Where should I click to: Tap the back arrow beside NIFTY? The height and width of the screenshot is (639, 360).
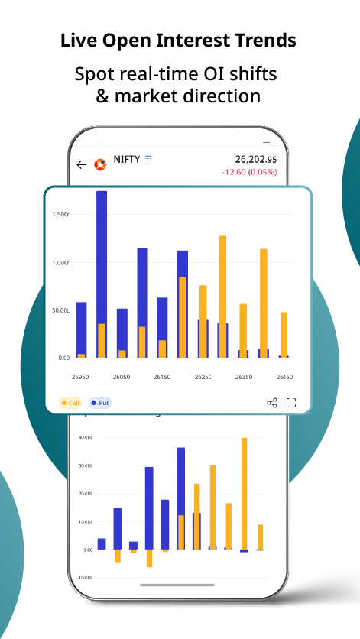(82, 164)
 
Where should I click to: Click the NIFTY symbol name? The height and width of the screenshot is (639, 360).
(126, 160)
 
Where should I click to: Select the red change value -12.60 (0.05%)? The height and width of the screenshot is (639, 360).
(249, 172)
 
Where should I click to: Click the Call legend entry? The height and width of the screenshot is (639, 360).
(70, 402)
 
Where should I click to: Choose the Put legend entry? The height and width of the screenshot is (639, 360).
(100, 402)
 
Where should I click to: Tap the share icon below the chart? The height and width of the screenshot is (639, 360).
(272, 403)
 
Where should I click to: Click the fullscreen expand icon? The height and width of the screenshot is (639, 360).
(291, 403)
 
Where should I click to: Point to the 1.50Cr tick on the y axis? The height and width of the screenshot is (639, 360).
(61, 215)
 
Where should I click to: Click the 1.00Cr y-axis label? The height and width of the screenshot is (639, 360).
(61, 263)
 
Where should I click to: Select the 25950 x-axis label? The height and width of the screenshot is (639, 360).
(80, 378)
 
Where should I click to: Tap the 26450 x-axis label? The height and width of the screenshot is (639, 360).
(284, 378)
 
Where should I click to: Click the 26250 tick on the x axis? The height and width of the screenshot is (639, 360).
(203, 378)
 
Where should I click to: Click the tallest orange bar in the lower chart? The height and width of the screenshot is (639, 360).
(244, 494)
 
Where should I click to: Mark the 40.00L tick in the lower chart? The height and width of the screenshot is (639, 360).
(85, 437)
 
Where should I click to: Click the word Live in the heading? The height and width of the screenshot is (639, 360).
(77, 41)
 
